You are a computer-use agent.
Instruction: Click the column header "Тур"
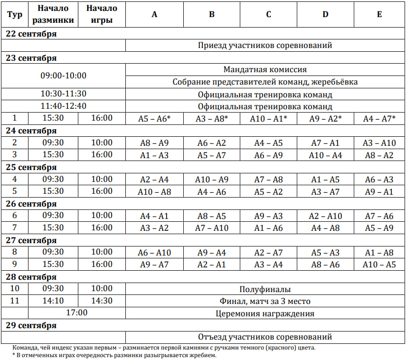(x=15, y=14)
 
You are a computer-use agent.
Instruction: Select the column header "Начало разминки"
(x=53, y=14)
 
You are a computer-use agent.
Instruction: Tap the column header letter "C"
(x=269, y=14)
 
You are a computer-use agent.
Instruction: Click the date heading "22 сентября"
(x=31, y=34)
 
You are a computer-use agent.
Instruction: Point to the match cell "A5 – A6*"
(x=154, y=119)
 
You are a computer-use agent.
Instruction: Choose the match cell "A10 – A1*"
(x=269, y=119)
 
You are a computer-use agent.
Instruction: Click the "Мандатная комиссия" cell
(x=265, y=70)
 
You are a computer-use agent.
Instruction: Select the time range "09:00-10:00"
(x=63, y=76)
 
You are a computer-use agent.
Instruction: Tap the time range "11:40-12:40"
(x=63, y=106)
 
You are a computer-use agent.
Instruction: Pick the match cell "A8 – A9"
(x=154, y=143)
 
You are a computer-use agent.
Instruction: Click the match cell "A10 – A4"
(x=325, y=155)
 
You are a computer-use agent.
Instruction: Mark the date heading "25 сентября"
(x=31, y=167)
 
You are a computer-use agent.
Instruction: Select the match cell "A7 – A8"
(x=269, y=180)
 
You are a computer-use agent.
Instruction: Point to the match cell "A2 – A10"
(x=325, y=216)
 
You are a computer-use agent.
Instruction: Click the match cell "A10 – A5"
(x=379, y=265)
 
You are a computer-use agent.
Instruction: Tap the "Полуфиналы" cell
(x=265, y=289)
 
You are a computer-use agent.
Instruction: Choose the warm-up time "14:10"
(x=53, y=301)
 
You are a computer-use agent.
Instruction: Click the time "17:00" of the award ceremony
(x=76, y=313)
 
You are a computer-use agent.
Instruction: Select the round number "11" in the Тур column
(x=15, y=301)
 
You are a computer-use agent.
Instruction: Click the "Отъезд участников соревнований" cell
(x=265, y=337)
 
